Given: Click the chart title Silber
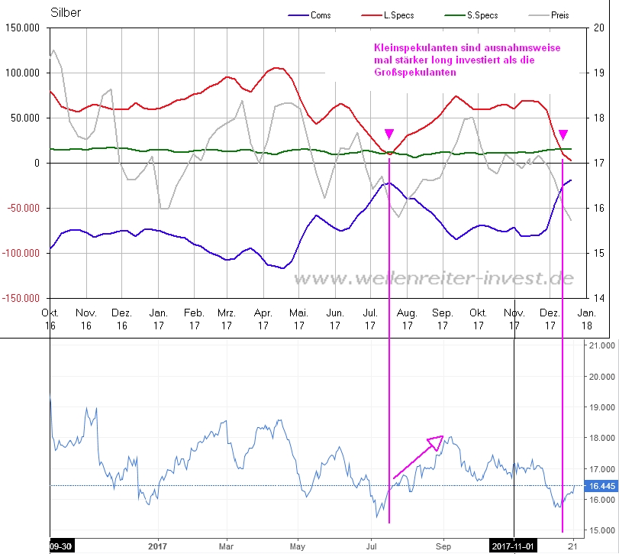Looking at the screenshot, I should point(66,13).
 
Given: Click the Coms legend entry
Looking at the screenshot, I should point(321,15).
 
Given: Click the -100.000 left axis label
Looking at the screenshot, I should point(23,253).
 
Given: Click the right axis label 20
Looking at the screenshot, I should point(600,28).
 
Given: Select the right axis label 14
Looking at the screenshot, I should point(600,298).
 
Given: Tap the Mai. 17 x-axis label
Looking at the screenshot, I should point(299,319).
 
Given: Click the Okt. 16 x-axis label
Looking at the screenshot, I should point(50,319).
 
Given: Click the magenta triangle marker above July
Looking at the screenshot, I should point(389,134).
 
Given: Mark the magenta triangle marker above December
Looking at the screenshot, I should point(563,134).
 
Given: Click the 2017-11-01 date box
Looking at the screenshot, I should point(514,546).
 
